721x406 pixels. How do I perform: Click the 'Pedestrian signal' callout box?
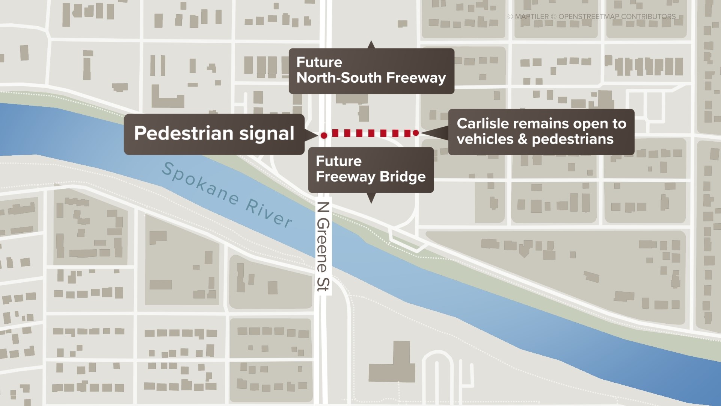click(214, 134)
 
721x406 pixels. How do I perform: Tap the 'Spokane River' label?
click(227, 195)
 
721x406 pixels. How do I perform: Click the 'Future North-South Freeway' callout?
click(371, 71)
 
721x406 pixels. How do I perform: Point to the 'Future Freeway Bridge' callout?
click(371, 170)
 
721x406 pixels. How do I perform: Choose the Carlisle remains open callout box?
click(541, 132)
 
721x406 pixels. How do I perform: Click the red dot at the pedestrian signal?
click(324, 135)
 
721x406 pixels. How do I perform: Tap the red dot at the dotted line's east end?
click(416, 133)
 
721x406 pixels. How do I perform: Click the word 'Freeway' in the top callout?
click(416, 78)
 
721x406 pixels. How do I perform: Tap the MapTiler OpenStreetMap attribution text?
click(591, 17)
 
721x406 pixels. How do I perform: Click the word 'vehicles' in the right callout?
click(485, 139)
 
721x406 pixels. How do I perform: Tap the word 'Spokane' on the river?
click(200, 183)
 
